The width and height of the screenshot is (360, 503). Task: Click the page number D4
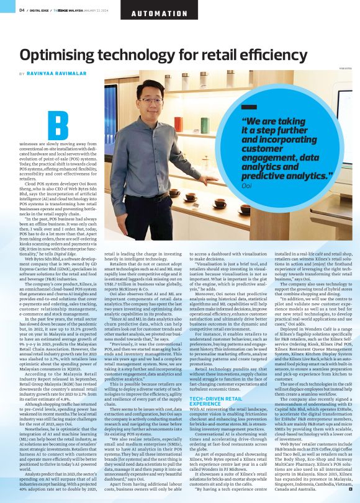pos(22,9)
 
